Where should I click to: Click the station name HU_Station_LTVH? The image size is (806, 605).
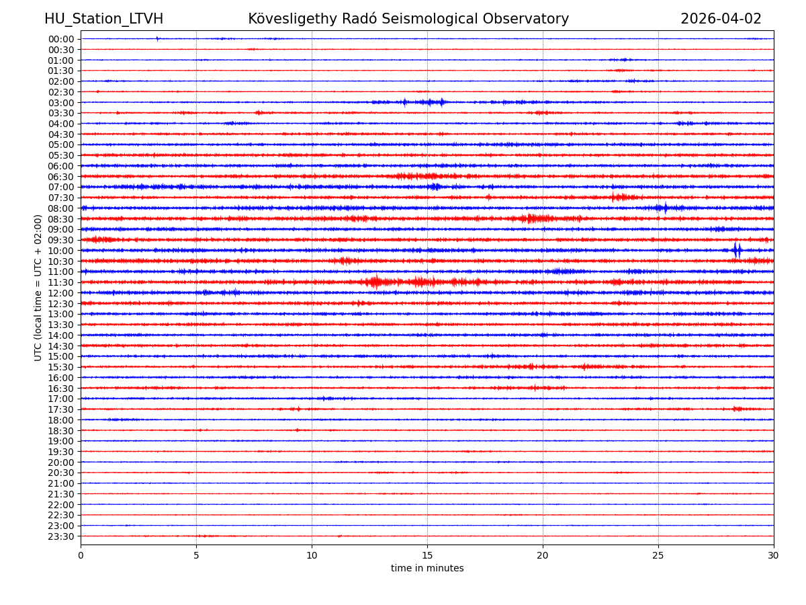(x=103, y=19)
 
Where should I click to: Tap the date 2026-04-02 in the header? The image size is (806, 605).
(x=721, y=19)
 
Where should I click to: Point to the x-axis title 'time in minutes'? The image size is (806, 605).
(x=427, y=569)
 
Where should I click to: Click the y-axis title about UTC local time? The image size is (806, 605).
(x=38, y=288)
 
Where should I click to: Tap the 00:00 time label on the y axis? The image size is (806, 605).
(x=61, y=39)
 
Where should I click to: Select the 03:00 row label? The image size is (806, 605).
(x=61, y=103)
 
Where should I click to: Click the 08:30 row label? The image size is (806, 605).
(x=61, y=219)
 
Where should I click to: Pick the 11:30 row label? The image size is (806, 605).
(x=61, y=282)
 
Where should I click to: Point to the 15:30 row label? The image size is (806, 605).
(x=61, y=367)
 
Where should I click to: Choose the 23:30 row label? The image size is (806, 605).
(x=61, y=536)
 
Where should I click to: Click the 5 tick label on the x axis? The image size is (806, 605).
(x=196, y=555)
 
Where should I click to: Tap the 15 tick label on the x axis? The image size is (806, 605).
(x=427, y=555)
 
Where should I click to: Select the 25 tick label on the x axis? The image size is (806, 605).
(x=658, y=555)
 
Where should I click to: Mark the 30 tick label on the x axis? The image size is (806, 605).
(x=774, y=555)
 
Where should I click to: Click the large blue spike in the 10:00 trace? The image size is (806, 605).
(x=737, y=250)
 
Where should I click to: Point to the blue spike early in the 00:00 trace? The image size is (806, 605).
(x=157, y=39)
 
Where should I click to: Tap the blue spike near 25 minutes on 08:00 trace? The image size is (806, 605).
(x=666, y=208)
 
